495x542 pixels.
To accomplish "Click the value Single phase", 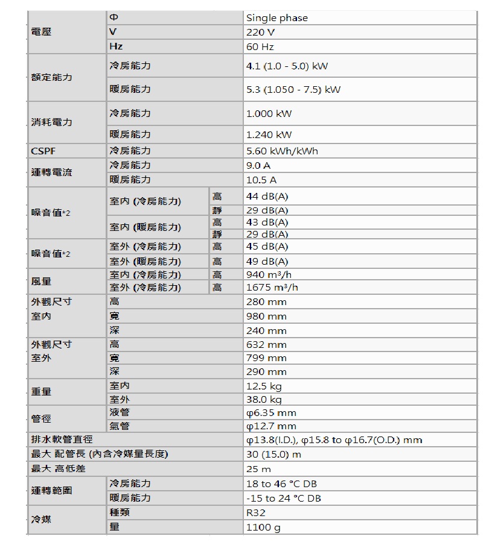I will coord(277,18).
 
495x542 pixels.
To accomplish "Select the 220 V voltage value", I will coord(261,32).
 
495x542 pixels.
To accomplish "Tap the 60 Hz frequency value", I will coord(261,46).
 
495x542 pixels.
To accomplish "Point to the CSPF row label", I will coord(44,151).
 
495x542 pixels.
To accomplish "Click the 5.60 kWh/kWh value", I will coord(282,151).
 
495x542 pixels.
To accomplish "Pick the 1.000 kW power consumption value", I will coord(269,113).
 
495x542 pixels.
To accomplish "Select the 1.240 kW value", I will coord(269,134).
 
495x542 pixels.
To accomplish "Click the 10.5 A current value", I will coord(262,180).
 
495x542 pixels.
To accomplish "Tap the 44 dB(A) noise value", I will coord(267,197).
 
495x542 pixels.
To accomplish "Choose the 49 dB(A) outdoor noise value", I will coord(267,261).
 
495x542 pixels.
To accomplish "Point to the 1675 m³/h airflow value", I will coord(272,288).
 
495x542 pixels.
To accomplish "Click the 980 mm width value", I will coord(266,316).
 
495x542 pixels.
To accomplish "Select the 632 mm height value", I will coord(266,345).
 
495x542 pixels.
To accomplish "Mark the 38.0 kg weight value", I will coord(264,399).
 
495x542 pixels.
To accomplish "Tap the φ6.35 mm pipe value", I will coord(272,413).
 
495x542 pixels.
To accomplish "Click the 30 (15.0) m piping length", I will coord(273,454).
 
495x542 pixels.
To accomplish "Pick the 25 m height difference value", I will coord(259,468).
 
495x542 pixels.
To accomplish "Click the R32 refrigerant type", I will coord(256,512).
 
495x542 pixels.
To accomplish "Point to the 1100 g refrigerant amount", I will coord(264,528).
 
